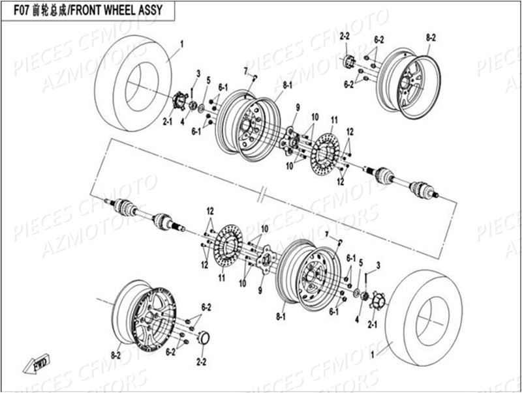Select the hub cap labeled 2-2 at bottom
click(202, 338)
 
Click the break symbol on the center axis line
click(262, 194)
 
